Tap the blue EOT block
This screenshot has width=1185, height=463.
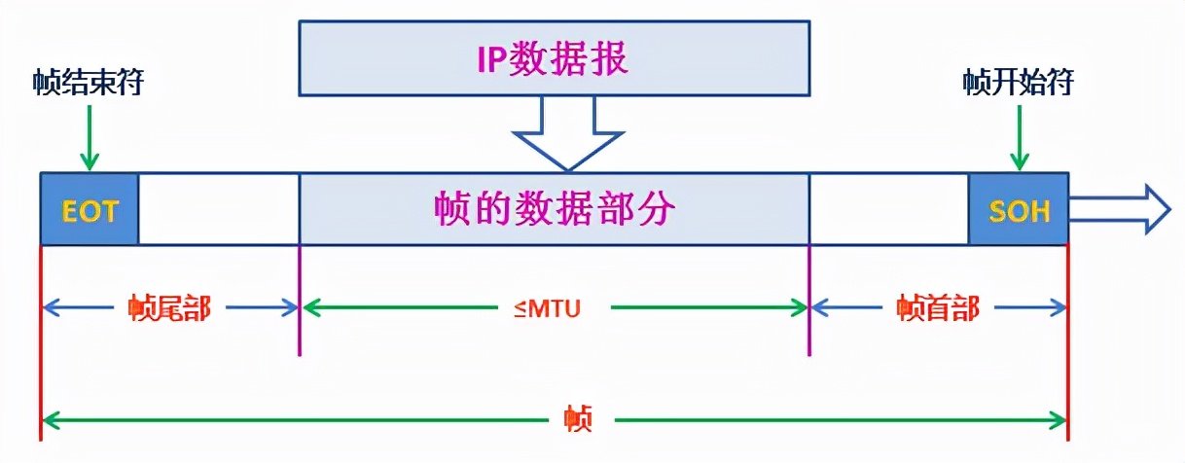89,209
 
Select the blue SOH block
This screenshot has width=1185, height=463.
1018,209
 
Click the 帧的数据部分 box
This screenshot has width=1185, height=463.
555,209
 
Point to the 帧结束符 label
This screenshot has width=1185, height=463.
89,84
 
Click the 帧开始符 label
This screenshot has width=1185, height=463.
1018,84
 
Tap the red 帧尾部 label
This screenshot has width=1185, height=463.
169,309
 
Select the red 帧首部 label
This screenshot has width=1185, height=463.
938,309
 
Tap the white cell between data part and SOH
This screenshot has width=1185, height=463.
888,209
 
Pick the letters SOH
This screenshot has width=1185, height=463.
1019,211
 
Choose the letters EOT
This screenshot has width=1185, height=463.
89,211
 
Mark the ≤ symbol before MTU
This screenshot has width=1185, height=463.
522,309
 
